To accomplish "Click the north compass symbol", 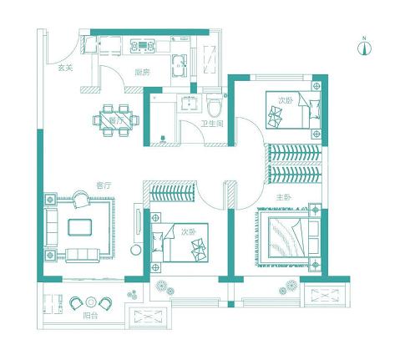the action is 364,48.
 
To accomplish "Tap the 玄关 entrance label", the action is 65,68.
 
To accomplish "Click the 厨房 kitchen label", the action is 143,73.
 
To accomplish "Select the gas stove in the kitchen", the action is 143,46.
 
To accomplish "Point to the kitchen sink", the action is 179,66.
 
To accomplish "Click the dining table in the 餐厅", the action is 116,120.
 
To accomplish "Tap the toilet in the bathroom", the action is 215,106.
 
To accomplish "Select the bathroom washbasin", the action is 190,103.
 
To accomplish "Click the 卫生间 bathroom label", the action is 212,124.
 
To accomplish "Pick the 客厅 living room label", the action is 104,185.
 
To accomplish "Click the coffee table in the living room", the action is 80,227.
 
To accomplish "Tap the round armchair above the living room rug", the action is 81,200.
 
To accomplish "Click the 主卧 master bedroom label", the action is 284,198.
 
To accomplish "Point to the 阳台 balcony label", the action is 91,316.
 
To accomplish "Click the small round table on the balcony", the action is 91,302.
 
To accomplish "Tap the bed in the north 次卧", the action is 293,109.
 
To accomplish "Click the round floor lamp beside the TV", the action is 136,250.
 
